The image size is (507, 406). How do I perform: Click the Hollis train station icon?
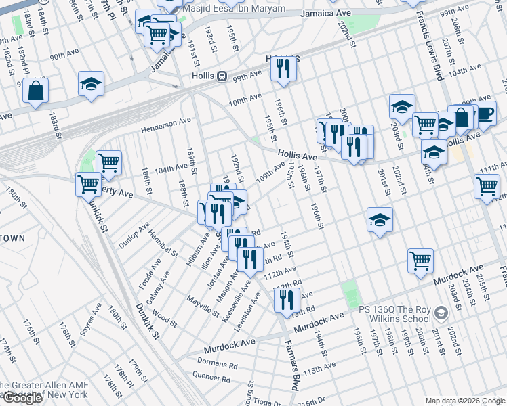(x=222, y=77)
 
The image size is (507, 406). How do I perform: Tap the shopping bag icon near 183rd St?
(x=35, y=90)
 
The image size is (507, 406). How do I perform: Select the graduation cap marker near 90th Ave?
(x=91, y=84)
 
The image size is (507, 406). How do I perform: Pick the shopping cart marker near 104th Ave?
(x=108, y=162)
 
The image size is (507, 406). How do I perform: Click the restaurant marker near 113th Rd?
(x=287, y=298)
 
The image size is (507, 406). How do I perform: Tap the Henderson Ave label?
(x=166, y=125)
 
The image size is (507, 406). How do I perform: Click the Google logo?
(x=22, y=398)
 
